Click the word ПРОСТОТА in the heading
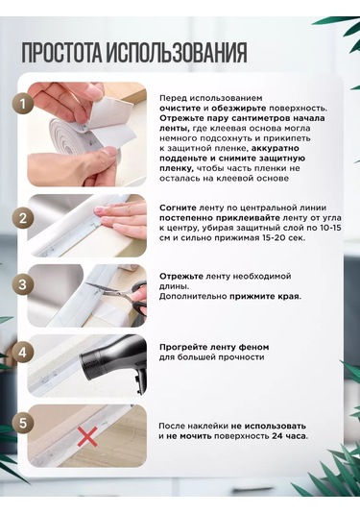pyautogui.click(x=62, y=52)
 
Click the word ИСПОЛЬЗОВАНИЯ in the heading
pyautogui.click(x=177, y=52)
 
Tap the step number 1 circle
pyautogui.click(x=23, y=105)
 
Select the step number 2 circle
pyautogui.click(x=23, y=218)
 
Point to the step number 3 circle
pyautogui.click(x=23, y=284)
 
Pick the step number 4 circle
pyautogui.click(x=23, y=353)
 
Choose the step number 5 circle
pyautogui.click(x=23, y=423)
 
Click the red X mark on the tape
pyautogui.click(x=87, y=436)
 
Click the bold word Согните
pyautogui.click(x=178, y=208)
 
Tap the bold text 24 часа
pyautogui.click(x=290, y=436)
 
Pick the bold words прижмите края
pyautogui.click(x=265, y=297)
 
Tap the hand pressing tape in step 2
pyautogui.click(x=121, y=216)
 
